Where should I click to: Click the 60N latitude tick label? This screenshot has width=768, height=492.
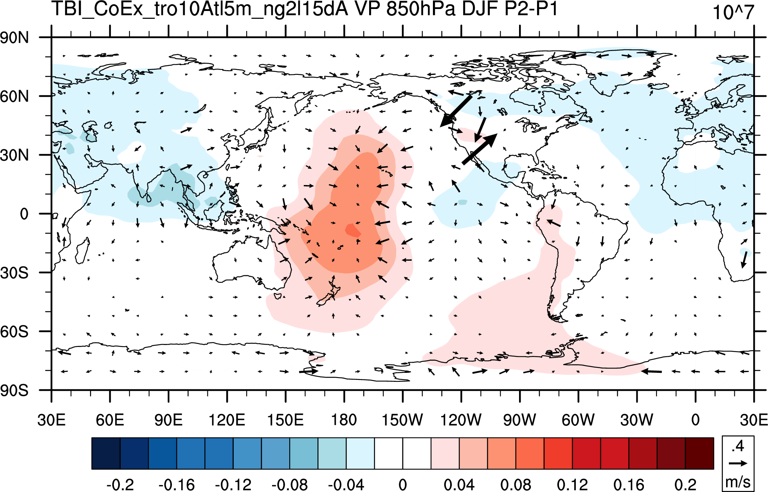click(x=14, y=96)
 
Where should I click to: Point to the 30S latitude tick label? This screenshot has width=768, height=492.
click(x=14, y=272)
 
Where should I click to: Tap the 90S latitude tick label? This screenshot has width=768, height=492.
click(x=14, y=390)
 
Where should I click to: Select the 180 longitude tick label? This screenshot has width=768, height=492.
click(x=344, y=420)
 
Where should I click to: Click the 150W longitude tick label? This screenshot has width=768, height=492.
click(x=402, y=420)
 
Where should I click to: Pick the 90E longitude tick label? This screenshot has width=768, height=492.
click(x=168, y=420)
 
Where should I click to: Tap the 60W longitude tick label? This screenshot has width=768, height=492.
click(x=578, y=420)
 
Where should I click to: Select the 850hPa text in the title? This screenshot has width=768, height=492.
click(x=421, y=9)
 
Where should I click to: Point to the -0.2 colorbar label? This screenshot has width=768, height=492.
click(x=120, y=485)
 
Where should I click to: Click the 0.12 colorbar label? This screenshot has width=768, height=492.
click(x=572, y=485)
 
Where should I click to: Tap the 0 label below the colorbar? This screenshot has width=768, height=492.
click(x=403, y=485)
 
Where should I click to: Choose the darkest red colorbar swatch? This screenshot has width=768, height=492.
click(x=699, y=453)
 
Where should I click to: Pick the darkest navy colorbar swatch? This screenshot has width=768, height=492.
click(x=106, y=453)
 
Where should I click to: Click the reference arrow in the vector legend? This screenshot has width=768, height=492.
click(x=738, y=463)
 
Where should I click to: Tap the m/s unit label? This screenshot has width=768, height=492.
click(x=738, y=482)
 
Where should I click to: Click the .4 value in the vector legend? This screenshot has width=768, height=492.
click(x=738, y=446)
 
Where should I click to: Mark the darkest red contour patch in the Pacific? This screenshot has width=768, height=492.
click(x=353, y=230)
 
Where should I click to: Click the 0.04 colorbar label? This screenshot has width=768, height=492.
click(x=459, y=485)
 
